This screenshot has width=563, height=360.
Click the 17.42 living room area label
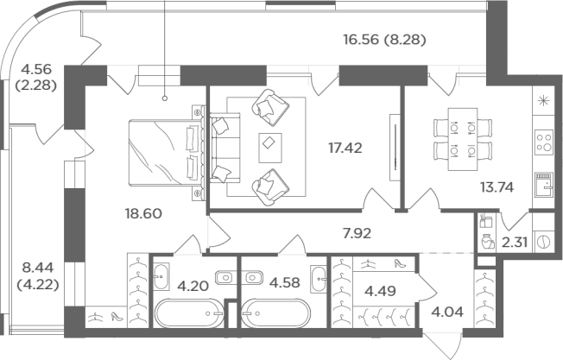pyautogui.click(x=345, y=148)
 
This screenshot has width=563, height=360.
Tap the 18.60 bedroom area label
pyautogui.click(x=143, y=213)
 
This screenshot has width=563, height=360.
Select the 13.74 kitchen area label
pyautogui.click(x=497, y=187)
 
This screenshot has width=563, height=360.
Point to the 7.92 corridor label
pyautogui.click(x=356, y=234)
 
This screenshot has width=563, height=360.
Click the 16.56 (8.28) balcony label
pyautogui.click(x=384, y=39)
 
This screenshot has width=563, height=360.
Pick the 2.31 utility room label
pyautogui.click(x=515, y=243)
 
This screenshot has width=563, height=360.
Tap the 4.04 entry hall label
pyautogui.click(x=447, y=312)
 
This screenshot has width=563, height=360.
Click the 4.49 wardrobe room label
pyautogui.click(x=380, y=291)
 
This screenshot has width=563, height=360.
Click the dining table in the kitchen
pyautogui.click(x=463, y=139)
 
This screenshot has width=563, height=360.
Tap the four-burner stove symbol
pyautogui.click(x=544, y=142)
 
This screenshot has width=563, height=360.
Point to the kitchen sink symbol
pyautogui.click(x=544, y=185)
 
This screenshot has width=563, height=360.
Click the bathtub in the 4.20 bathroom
pyautogui.click(x=189, y=313)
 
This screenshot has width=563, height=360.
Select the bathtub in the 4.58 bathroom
pyautogui.click(x=276, y=313)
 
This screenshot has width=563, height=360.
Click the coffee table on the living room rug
pyautogui.click(x=270, y=148)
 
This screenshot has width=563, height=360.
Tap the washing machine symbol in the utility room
pyautogui.click(x=544, y=243)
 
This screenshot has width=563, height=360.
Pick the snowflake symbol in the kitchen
pyautogui.click(x=544, y=101)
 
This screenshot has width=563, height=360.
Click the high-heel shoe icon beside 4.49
pyautogui.click(x=400, y=263)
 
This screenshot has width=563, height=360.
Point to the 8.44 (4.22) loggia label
pyautogui.click(x=38, y=276)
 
